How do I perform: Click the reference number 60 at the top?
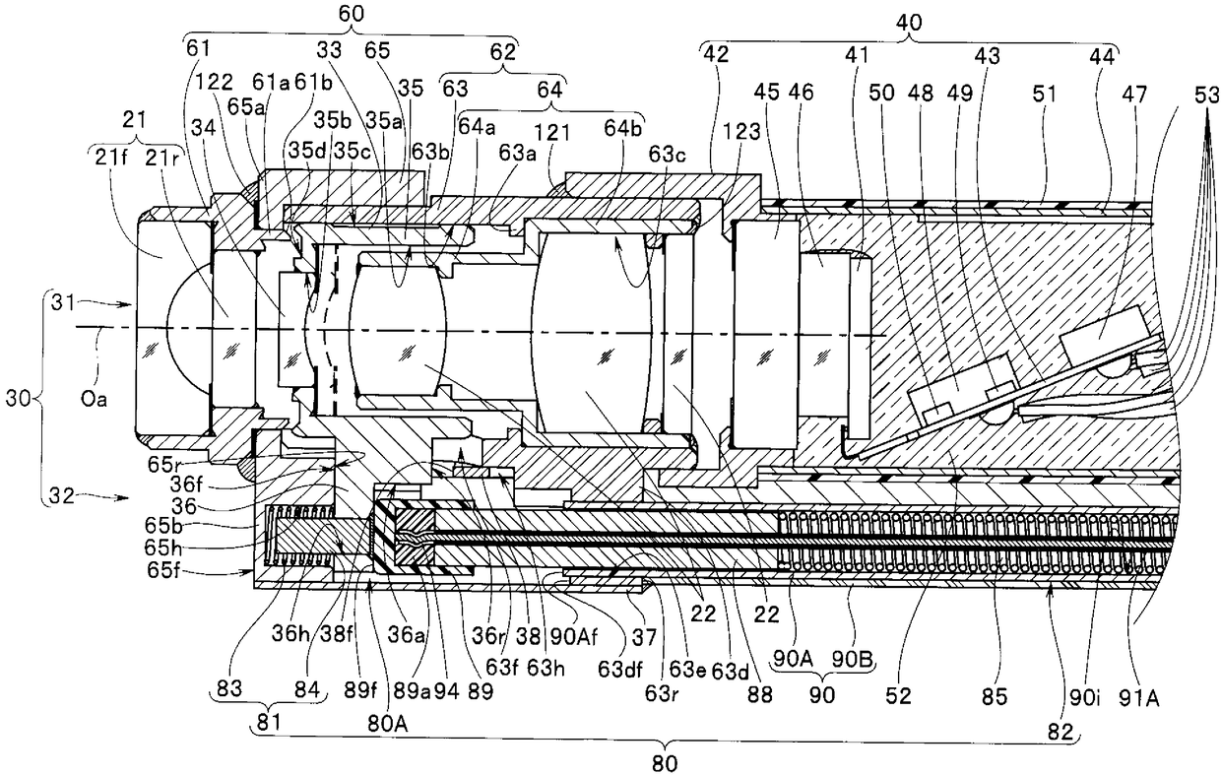350,14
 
